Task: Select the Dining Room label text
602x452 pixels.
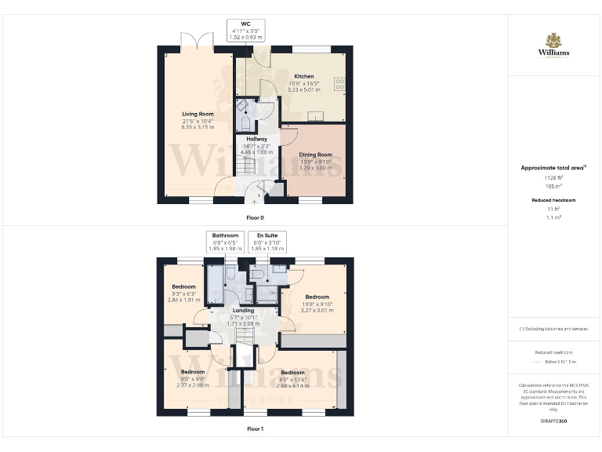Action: point(315,155)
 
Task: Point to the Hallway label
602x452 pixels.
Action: point(257,139)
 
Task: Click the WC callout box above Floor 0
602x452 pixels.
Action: point(246,30)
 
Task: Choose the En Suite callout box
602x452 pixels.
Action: point(267,241)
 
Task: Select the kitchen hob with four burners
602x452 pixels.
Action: point(339,82)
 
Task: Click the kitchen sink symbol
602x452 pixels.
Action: point(319,117)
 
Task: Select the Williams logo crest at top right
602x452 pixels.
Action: point(553,39)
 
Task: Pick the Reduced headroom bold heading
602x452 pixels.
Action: point(553,200)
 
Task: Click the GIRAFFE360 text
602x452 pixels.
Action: point(553,421)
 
